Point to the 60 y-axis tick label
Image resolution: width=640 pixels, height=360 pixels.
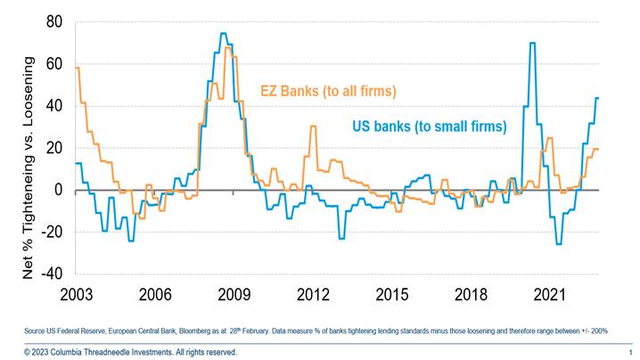(x=55, y=63)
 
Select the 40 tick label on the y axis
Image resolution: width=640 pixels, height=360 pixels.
(x=55, y=105)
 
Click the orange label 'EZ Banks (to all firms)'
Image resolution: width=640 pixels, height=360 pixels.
(x=328, y=91)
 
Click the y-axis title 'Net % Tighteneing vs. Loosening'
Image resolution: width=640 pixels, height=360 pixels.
(x=29, y=169)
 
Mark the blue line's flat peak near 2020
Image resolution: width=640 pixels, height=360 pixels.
(x=532, y=43)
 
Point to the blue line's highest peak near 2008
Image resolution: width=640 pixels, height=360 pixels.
(x=224, y=34)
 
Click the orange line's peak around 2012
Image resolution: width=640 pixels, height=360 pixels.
(x=313, y=127)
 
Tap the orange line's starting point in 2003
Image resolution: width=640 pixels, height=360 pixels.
(x=78, y=68)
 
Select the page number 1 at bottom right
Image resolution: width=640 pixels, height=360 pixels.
(x=629, y=352)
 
